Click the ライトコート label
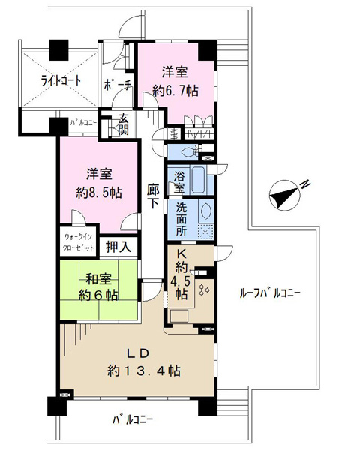click(61, 81)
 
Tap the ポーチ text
click(118, 85)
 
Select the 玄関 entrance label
click(123, 124)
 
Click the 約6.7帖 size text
click(175, 91)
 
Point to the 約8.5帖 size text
click(99, 193)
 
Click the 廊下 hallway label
click(153, 196)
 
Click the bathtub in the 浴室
click(198, 180)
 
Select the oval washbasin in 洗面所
click(205, 211)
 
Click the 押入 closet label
click(118, 247)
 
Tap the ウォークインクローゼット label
click(79, 242)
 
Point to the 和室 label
click(98, 279)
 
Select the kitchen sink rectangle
click(179, 316)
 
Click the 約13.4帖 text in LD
click(144, 371)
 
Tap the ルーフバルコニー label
click(270, 293)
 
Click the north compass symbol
click(284, 196)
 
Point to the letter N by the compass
click(306, 184)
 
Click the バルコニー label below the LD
click(133, 420)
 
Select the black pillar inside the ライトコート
click(58, 50)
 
